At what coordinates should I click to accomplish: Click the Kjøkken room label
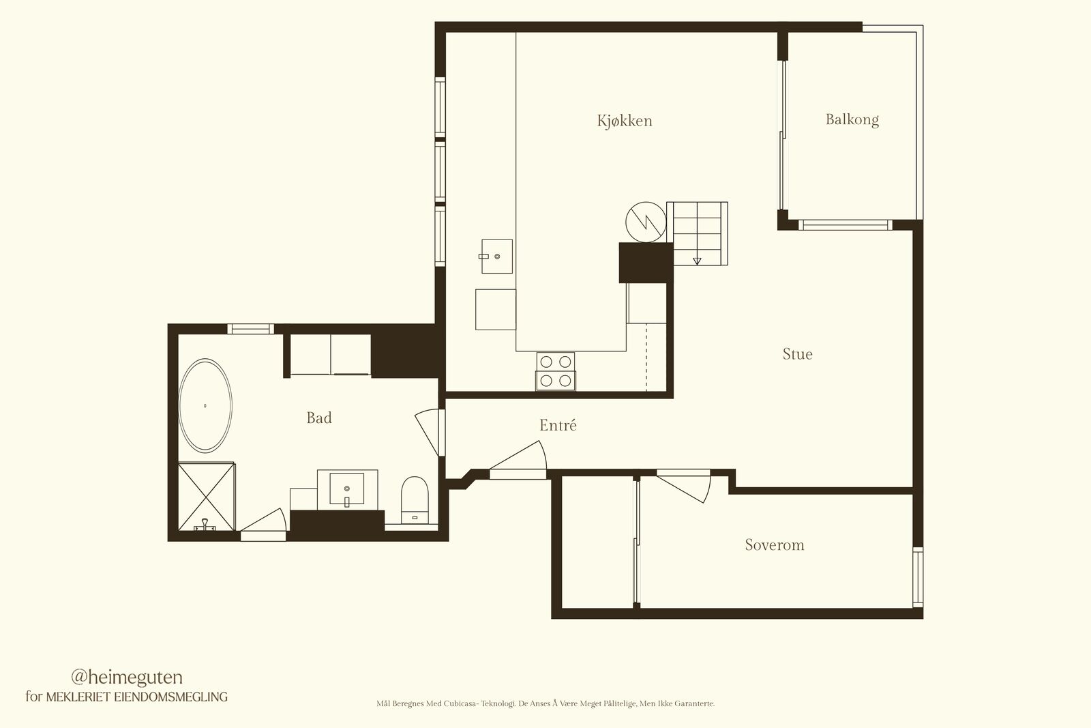pyautogui.click(x=625, y=120)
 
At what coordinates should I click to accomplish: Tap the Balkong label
pyautogui.click(x=852, y=119)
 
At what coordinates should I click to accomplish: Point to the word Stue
pyautogui.click(x=797, y=354)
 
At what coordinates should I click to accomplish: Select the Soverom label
pyautogui.click(x=775, y=544)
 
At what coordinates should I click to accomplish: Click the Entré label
pyautogui.click(x=558, y=425)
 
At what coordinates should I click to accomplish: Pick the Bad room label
pyautogui.click(x=319, y=418)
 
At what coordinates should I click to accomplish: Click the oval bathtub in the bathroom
pyautogui.click(x=205, y=405)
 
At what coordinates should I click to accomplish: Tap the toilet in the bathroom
pyautogui.click(x=415, y=500)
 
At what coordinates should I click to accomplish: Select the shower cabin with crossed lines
pyautogui.click(x=207, y=497)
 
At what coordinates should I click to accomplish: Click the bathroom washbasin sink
pyautogui.click(x=347, y=489)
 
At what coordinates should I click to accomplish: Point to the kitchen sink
pyautogui.click(x=497, y=257)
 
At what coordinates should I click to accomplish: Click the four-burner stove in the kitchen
pyautogui.click(x=556, y=371)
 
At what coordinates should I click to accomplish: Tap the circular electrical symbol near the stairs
pyautogui.click(x=646, y=222)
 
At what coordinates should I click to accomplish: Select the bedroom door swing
pyautogui.click(x=684, y=486)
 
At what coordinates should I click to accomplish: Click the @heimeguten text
pyautogui.click(x=127, y=678)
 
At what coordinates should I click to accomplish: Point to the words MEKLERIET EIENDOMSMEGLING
pyautogui.click(x=137, y=697)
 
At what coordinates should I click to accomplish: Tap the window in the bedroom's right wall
pyautogui.click(x=918, y=577)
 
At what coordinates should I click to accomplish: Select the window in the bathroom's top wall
pyautogui.click(x=250, y=329)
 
